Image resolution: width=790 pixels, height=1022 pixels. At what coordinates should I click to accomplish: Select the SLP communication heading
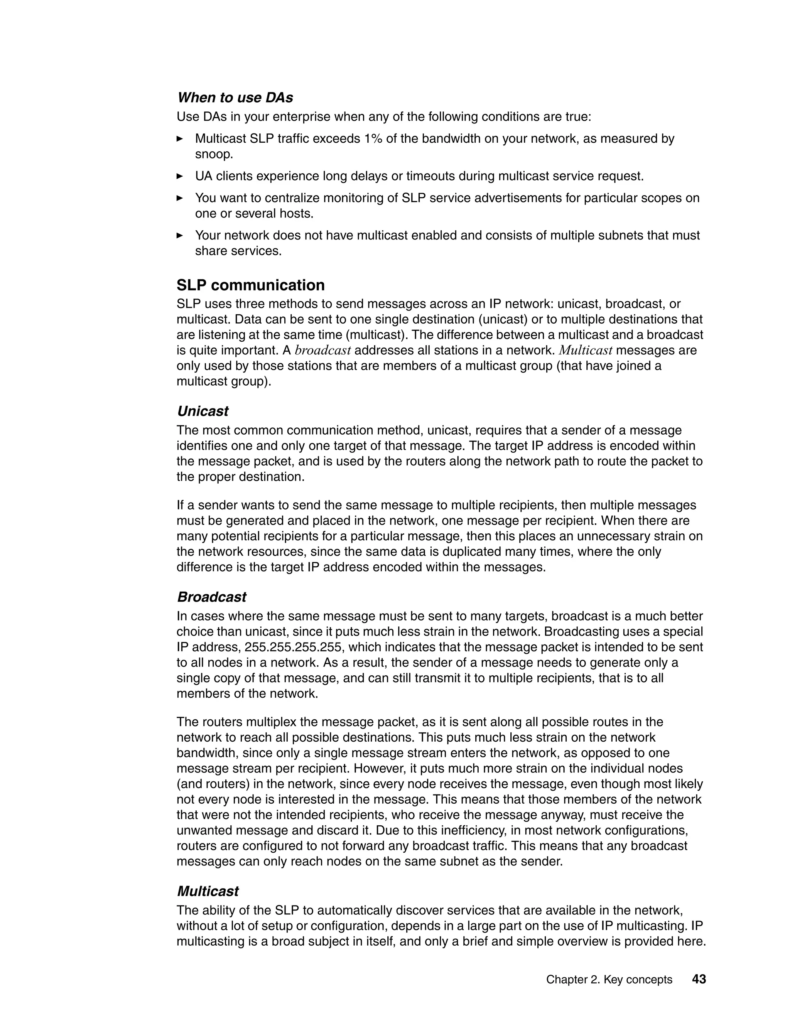[x=250, y=285]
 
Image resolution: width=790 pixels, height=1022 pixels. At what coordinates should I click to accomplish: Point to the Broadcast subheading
[x=211, y=597]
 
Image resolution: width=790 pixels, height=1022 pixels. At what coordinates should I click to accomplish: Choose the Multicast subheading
[x=208, y=891]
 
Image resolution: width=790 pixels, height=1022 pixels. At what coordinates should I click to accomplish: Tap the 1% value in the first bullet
[x=373, y=138]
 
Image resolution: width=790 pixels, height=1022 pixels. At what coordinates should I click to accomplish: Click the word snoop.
[x=214, y=154]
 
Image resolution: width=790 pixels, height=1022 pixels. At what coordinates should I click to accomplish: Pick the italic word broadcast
[x=323, y=350]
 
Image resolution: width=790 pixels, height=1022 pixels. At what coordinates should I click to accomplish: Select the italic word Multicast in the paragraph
[x=586, y=350]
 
